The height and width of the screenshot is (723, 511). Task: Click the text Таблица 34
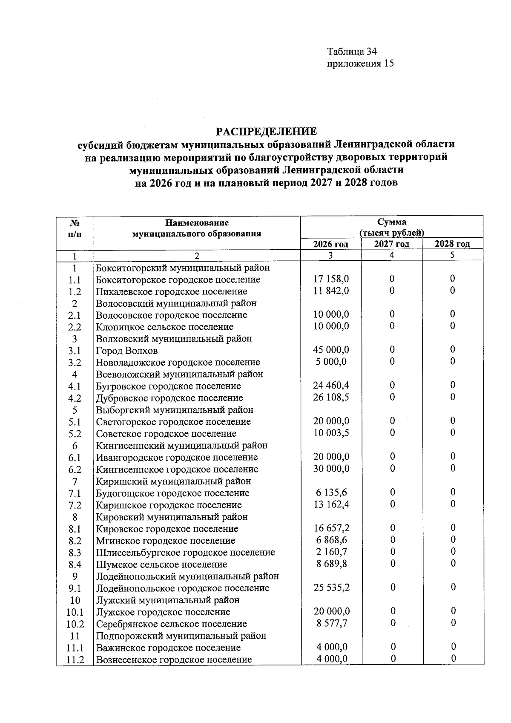pos(352,52)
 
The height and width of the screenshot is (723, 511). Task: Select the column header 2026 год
pos(330,244)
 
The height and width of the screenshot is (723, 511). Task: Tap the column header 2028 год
pos(452,244)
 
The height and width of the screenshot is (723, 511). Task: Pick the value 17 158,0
pos(331,279)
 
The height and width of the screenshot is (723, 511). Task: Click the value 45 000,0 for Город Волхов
pos(331,350)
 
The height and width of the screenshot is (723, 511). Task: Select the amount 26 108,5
pos(331,397)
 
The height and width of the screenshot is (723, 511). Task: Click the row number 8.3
pos(74,553)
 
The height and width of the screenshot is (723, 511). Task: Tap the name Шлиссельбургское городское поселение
pos(185,553)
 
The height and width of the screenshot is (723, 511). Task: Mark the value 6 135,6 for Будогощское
pos(331,493)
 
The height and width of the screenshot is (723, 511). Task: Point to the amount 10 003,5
pos(331,433)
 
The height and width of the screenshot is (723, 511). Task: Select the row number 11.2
pos(74,660)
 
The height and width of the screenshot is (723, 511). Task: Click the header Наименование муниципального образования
pos(196,228)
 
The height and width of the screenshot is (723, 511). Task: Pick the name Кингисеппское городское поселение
pos(177,470)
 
